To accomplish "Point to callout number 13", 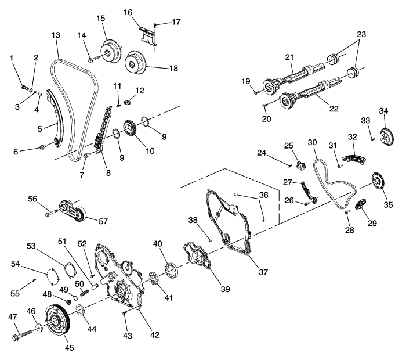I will (x=55, y=35).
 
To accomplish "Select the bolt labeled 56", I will (x=47, y=214).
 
